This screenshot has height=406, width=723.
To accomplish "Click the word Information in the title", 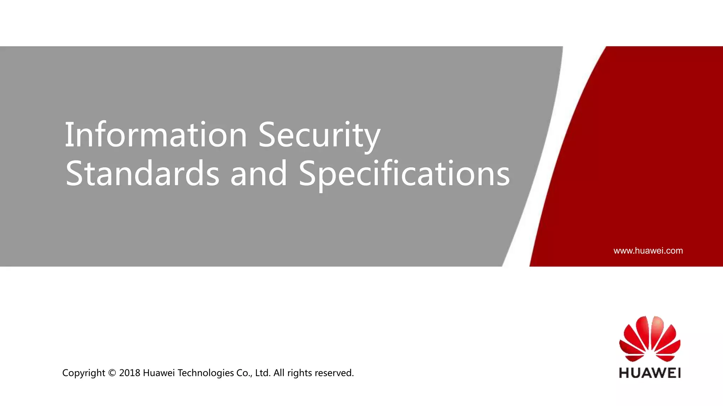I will point(155,135).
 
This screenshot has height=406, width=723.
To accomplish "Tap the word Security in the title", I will point(319,135).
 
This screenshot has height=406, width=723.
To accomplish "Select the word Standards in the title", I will point(142,173).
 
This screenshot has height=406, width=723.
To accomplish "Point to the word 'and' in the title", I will point(258,173).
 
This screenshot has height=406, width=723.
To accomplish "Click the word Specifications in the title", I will point(404,173).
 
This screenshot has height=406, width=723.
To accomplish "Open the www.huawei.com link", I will point(648,251).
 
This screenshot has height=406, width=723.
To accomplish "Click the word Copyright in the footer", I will point(84,373).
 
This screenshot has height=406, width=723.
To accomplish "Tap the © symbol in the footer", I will point(112,373).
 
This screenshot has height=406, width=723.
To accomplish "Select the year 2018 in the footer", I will point(130,373).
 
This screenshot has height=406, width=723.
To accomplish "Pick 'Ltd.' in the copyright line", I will point(263,373).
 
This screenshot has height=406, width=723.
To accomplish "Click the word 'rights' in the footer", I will point(299,373).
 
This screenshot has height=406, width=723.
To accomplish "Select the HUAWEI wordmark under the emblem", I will point(650,373).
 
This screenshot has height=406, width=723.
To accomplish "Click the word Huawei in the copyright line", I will point(159,373).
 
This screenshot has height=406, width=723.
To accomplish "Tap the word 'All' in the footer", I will point(279,373).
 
